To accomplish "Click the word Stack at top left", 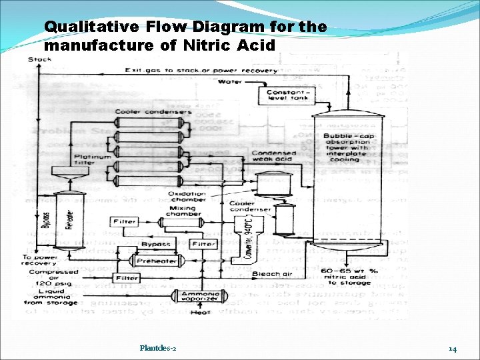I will (x=41, y=59).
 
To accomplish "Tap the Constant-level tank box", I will (x=287, y=95).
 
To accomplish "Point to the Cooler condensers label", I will (x=153, y=111).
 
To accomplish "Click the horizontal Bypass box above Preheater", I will (x=156, y=245).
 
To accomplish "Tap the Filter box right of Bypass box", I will (x=204, y=245).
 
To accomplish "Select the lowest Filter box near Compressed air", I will (x=127, y=278).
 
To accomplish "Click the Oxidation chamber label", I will (x=188, y=198).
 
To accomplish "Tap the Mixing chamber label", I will (x=181, y=211).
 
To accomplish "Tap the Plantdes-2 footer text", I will (x=158, y=348).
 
